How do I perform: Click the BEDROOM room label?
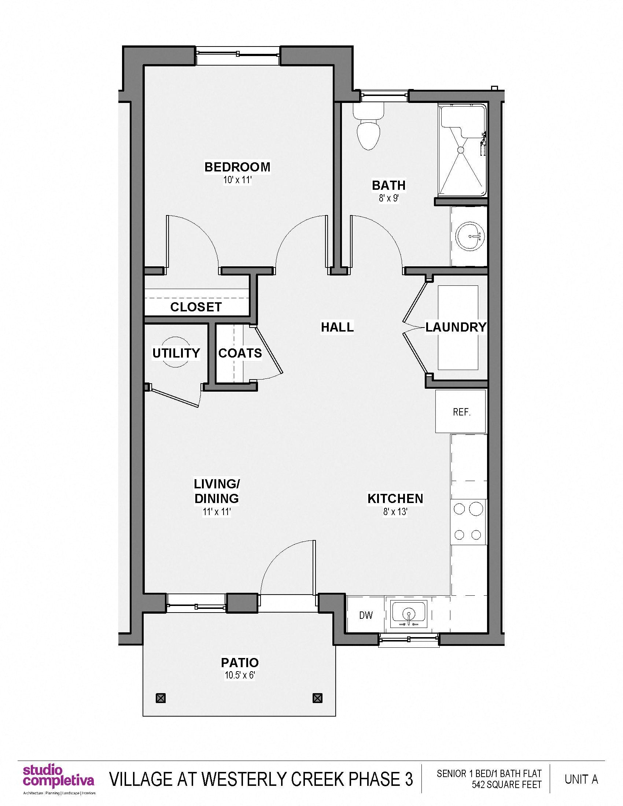(x=237, y=167)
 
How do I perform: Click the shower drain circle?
(x=461, y=149)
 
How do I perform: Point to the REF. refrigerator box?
(x=461, y=411)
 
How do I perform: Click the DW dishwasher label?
(x=366, y=615)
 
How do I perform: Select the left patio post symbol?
(x=161, y=698)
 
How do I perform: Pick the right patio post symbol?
(x=317, y=698)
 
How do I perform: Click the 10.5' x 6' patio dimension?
(x=240, y=676)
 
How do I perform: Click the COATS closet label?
(x=240, y=353)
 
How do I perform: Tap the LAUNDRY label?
(x=456, y=327)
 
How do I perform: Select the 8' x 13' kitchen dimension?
(x=395, y=512)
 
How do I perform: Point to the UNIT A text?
(x=581, y=779)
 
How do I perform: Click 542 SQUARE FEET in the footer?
(x=506, y=785)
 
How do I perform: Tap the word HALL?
(x=337, y=327)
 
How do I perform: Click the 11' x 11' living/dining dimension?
(x=217, y=512)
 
